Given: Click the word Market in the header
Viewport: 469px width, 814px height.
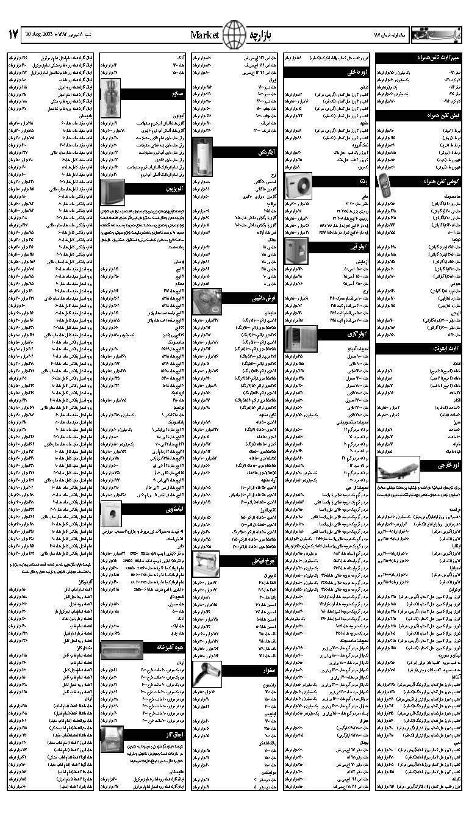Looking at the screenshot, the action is point(204,35).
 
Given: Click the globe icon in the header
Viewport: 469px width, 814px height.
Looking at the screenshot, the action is point(234,34).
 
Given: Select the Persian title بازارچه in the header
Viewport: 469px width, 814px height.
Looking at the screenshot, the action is point(263,35).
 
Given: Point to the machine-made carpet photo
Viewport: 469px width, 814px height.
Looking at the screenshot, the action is point(204,300).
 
